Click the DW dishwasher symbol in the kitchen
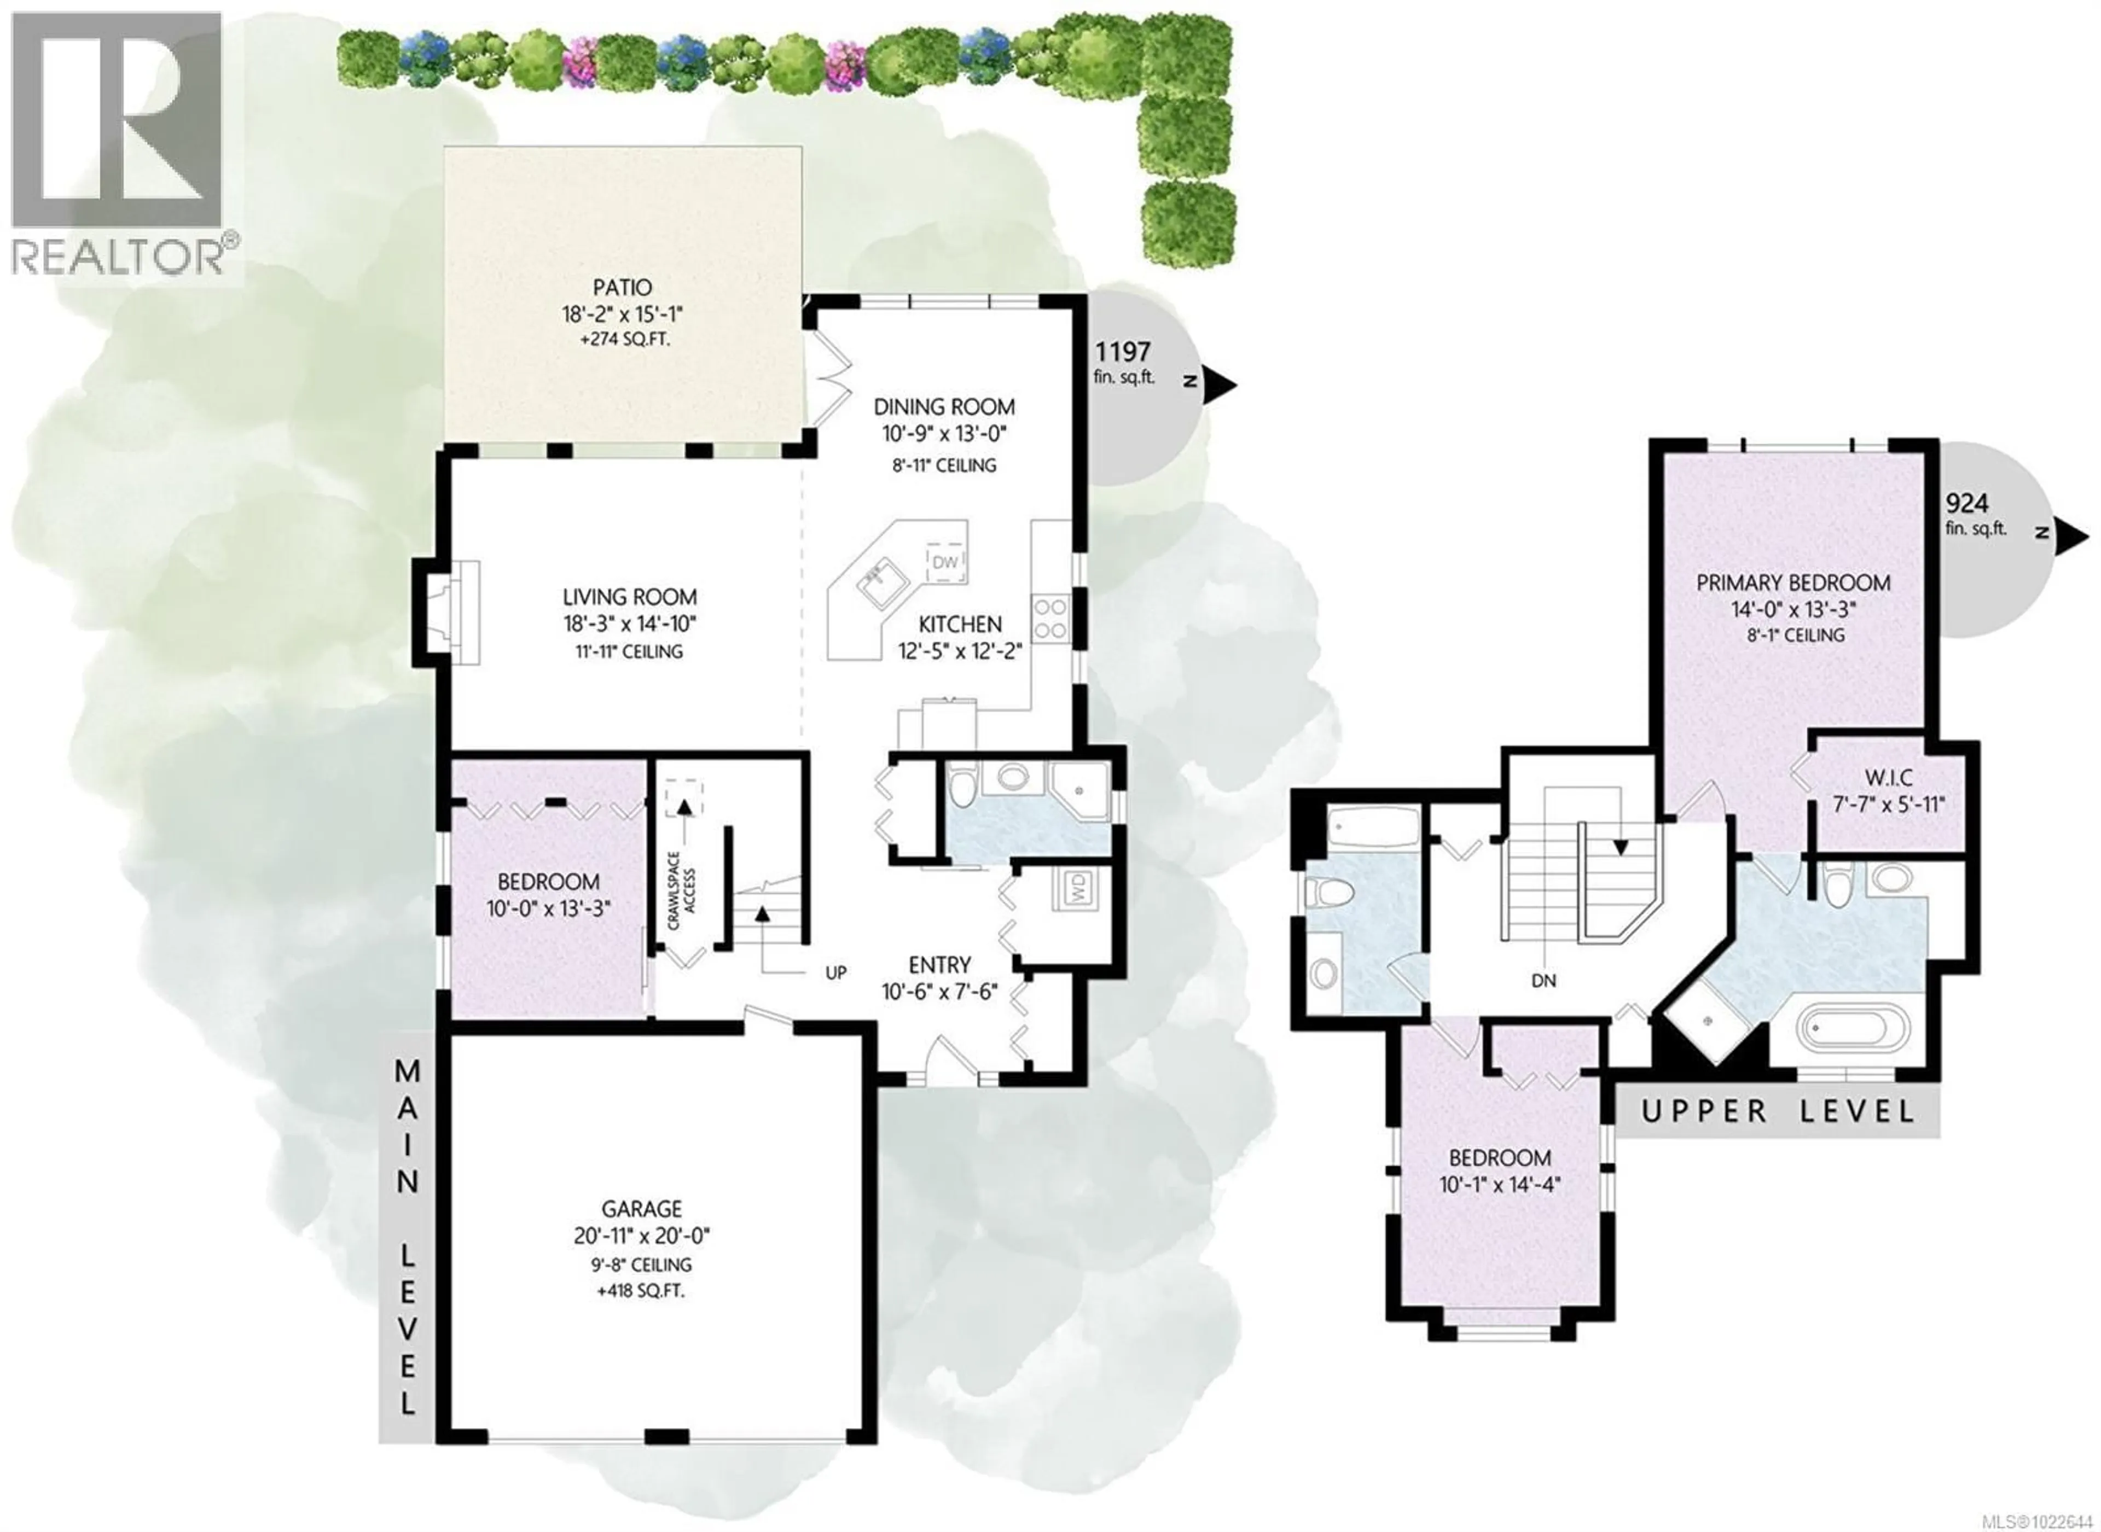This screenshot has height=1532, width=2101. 944,562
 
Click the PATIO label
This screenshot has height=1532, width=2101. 623,288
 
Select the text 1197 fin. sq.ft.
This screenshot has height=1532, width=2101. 1123,362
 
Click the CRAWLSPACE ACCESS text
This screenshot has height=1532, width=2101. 682,890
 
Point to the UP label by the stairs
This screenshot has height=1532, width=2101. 836,974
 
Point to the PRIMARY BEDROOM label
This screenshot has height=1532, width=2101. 1792,582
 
